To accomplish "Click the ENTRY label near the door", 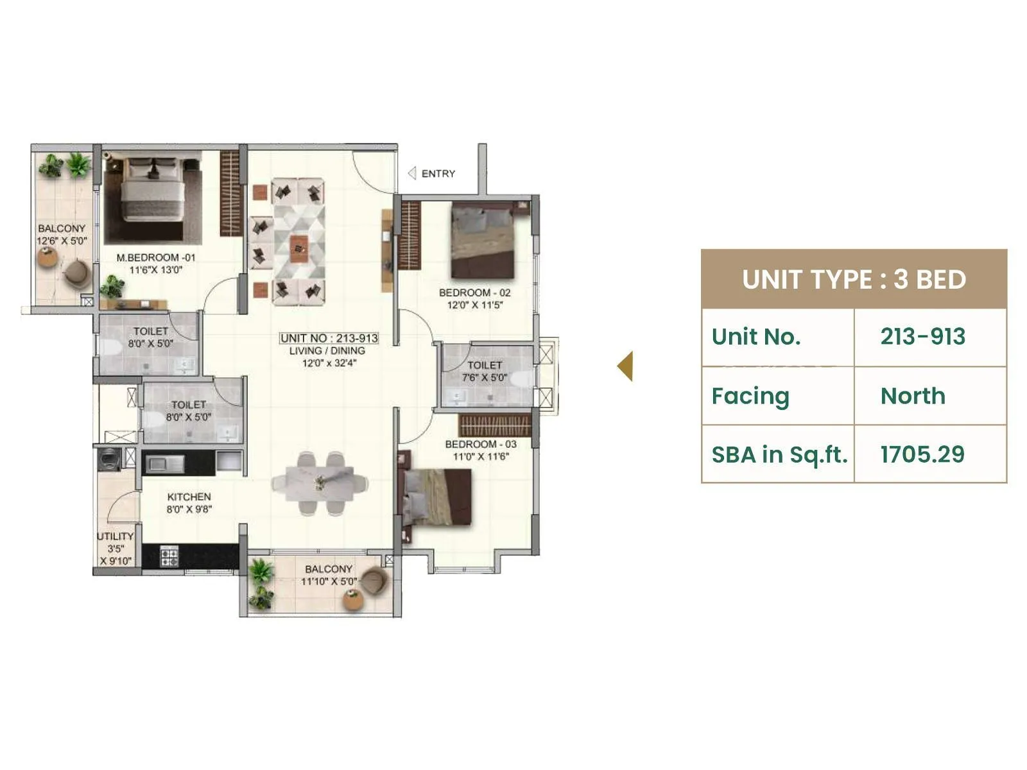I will [x=438, y=174].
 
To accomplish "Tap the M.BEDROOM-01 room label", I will [x=156, y=257].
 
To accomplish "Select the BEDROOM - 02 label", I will [x=474, y=293].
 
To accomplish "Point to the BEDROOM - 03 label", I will [x=480, y=444].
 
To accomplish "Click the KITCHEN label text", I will [x=189, y=497].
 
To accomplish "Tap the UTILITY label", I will [x=115, y=536].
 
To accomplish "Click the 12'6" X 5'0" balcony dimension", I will [x=62, y=241].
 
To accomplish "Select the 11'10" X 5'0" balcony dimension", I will [x=329, y=581].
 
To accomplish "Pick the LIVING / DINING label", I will [x=327, y=350].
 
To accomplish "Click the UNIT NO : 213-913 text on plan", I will [x=329, y=338].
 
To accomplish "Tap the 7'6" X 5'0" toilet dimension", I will [x=484, y=377].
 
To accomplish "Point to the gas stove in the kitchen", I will [x=169, y=556].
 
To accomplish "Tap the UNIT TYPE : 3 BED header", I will [x=854, y=280].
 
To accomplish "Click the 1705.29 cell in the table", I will [x=922, y=454].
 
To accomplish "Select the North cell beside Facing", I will [x=913, y=396].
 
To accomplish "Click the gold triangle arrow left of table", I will [x=626, y=366].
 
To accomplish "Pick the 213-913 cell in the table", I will [x=922, y=336].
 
